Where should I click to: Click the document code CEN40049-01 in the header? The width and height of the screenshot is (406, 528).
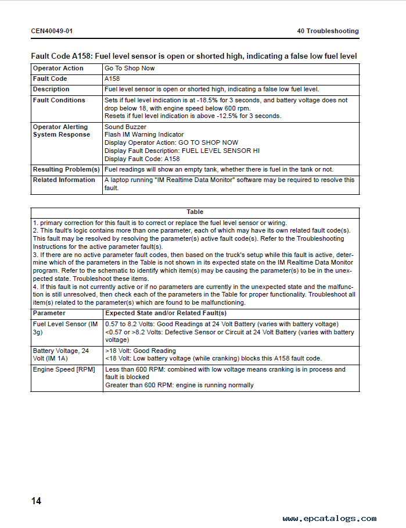pos(52,31)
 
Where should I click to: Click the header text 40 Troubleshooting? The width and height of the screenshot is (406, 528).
pos(328,31)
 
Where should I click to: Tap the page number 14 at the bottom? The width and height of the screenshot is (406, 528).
pos(36,501)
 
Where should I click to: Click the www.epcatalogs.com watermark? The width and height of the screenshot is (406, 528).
pos(329,518)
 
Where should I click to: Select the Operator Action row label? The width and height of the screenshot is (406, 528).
pos(58,69)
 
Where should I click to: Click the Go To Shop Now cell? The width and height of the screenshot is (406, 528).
pos(130,69)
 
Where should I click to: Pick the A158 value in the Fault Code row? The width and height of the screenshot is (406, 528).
pos(112,79)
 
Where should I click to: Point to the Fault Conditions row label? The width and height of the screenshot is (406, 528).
pos(59,100)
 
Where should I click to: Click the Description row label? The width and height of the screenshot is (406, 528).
pos(51,90)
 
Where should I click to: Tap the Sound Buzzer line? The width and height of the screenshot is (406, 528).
pos(125,127)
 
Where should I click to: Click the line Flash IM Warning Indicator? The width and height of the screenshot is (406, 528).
pos(144,135)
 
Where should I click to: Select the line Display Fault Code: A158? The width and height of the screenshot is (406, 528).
pos(142,159)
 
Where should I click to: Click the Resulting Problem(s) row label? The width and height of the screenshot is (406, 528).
pos(66,169)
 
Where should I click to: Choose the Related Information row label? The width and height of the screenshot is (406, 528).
pos(64,180)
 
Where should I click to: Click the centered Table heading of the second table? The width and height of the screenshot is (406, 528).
pos(195,212)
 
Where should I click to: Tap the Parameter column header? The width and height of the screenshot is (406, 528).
pos(49,313)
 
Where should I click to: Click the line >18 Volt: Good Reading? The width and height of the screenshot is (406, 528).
pos(141,351)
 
